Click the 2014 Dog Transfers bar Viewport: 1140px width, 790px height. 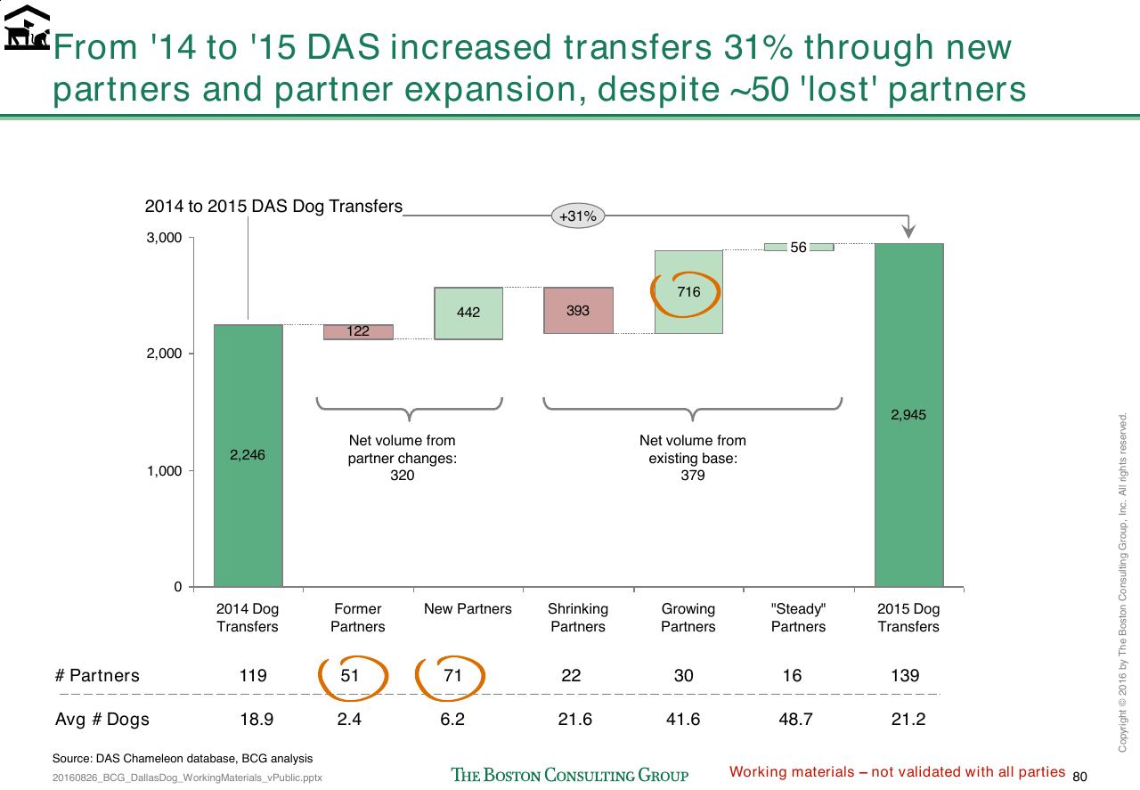click(x=248, y=456)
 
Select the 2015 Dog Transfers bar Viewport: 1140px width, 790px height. click(x=909, y=415)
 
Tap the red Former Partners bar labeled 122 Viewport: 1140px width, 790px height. click(x=358, y=332)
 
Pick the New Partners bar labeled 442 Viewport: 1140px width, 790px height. click(x=468, y=313)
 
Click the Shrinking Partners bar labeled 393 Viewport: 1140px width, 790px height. click(x=578, y=311)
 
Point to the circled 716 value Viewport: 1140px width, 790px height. click(x=688, y=291)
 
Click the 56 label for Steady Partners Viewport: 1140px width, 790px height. click(x=798, y=248)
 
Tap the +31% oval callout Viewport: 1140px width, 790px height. click(x=578, y=216)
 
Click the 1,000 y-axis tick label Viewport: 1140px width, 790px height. click(x=164, y=471)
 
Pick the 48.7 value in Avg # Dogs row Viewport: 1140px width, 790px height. click(x=795, y=720)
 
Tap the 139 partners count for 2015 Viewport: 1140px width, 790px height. click(x=905, y=675)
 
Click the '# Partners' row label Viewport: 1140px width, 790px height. click(x=97, y=675)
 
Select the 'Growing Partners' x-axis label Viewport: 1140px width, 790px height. click(x=688, y=617)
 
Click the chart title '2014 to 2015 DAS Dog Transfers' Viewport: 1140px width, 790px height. click(x=273, y=206)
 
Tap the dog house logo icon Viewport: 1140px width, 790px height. click(x=27, y=28)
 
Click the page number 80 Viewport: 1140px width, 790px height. click(x=1079, y=777)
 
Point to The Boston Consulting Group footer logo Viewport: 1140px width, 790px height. click(x=569, y=775)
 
